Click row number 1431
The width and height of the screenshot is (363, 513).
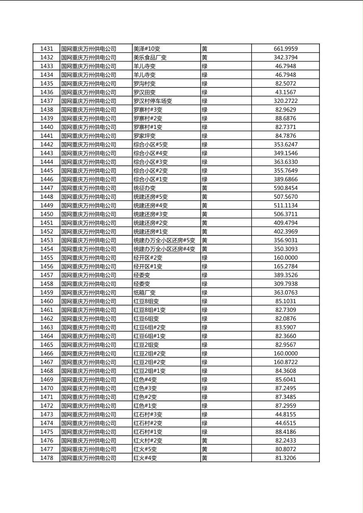(x=46, y=49)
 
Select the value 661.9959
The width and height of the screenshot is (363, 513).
(x=285, y=49)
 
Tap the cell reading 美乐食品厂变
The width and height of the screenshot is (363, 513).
(x=150, y=57)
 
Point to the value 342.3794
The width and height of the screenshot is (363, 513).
(x=285, y=57)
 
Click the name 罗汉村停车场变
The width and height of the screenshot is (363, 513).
(x=153, y=101)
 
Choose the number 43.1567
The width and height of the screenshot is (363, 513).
(x=285, y=92)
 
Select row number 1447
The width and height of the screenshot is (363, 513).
(x=46, y=188)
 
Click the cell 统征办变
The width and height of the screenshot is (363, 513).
(x=144, y=188)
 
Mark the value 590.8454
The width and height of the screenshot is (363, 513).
(x=285, y=188)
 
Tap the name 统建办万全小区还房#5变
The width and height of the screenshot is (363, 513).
(x=164, y=240)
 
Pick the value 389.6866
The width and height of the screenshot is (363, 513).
(x=285, y=179)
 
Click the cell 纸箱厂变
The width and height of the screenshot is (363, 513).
(x=144, y=292)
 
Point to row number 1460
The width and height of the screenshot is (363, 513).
(x=46, y=301)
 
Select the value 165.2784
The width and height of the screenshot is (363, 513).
(x=285, y=266)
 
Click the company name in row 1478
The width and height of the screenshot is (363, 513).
(x=88, y=458)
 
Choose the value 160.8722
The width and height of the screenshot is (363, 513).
(x=285, y=362)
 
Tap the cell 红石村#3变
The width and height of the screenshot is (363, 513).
(x=148, y=414)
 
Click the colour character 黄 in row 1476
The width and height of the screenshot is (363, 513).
(x=205, y=440)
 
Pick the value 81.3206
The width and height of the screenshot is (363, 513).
(x=285, y=458)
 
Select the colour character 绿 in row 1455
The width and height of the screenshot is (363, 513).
(x=205, y=258)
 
